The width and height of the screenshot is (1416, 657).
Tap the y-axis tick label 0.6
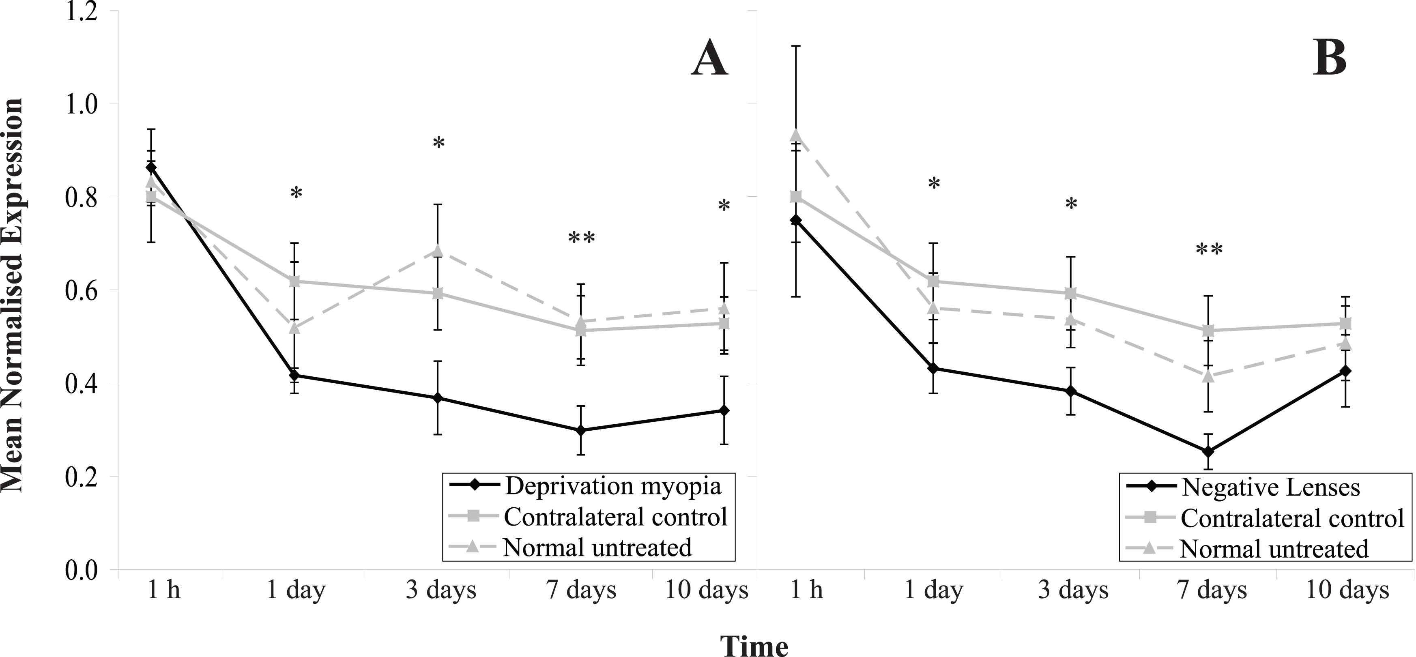click(x=82, y=291)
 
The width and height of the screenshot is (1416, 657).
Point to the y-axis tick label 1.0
click(x=82, y=104)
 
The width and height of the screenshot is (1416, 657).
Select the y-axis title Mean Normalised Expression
click(x=12, y=295)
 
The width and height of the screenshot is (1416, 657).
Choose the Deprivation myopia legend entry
click(x=613, y=486)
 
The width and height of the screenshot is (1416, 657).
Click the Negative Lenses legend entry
click(x=1270, y=487)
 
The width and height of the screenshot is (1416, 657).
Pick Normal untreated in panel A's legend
click(x=597, y=547)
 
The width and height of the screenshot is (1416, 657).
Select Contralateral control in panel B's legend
click(x=1292, y=518)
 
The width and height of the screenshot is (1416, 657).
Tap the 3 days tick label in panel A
click(x=441, y=590)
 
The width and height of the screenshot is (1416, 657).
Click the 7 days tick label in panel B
click(x=1212, y=590)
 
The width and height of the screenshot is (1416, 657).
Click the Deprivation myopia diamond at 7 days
click(x=581, y=430)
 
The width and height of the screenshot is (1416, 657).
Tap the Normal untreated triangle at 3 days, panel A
click(x=438, y=251)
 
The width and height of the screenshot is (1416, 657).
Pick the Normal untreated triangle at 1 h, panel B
click(x=795, y=135)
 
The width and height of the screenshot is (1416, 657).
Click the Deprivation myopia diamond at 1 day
click(x=294, y=376)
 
